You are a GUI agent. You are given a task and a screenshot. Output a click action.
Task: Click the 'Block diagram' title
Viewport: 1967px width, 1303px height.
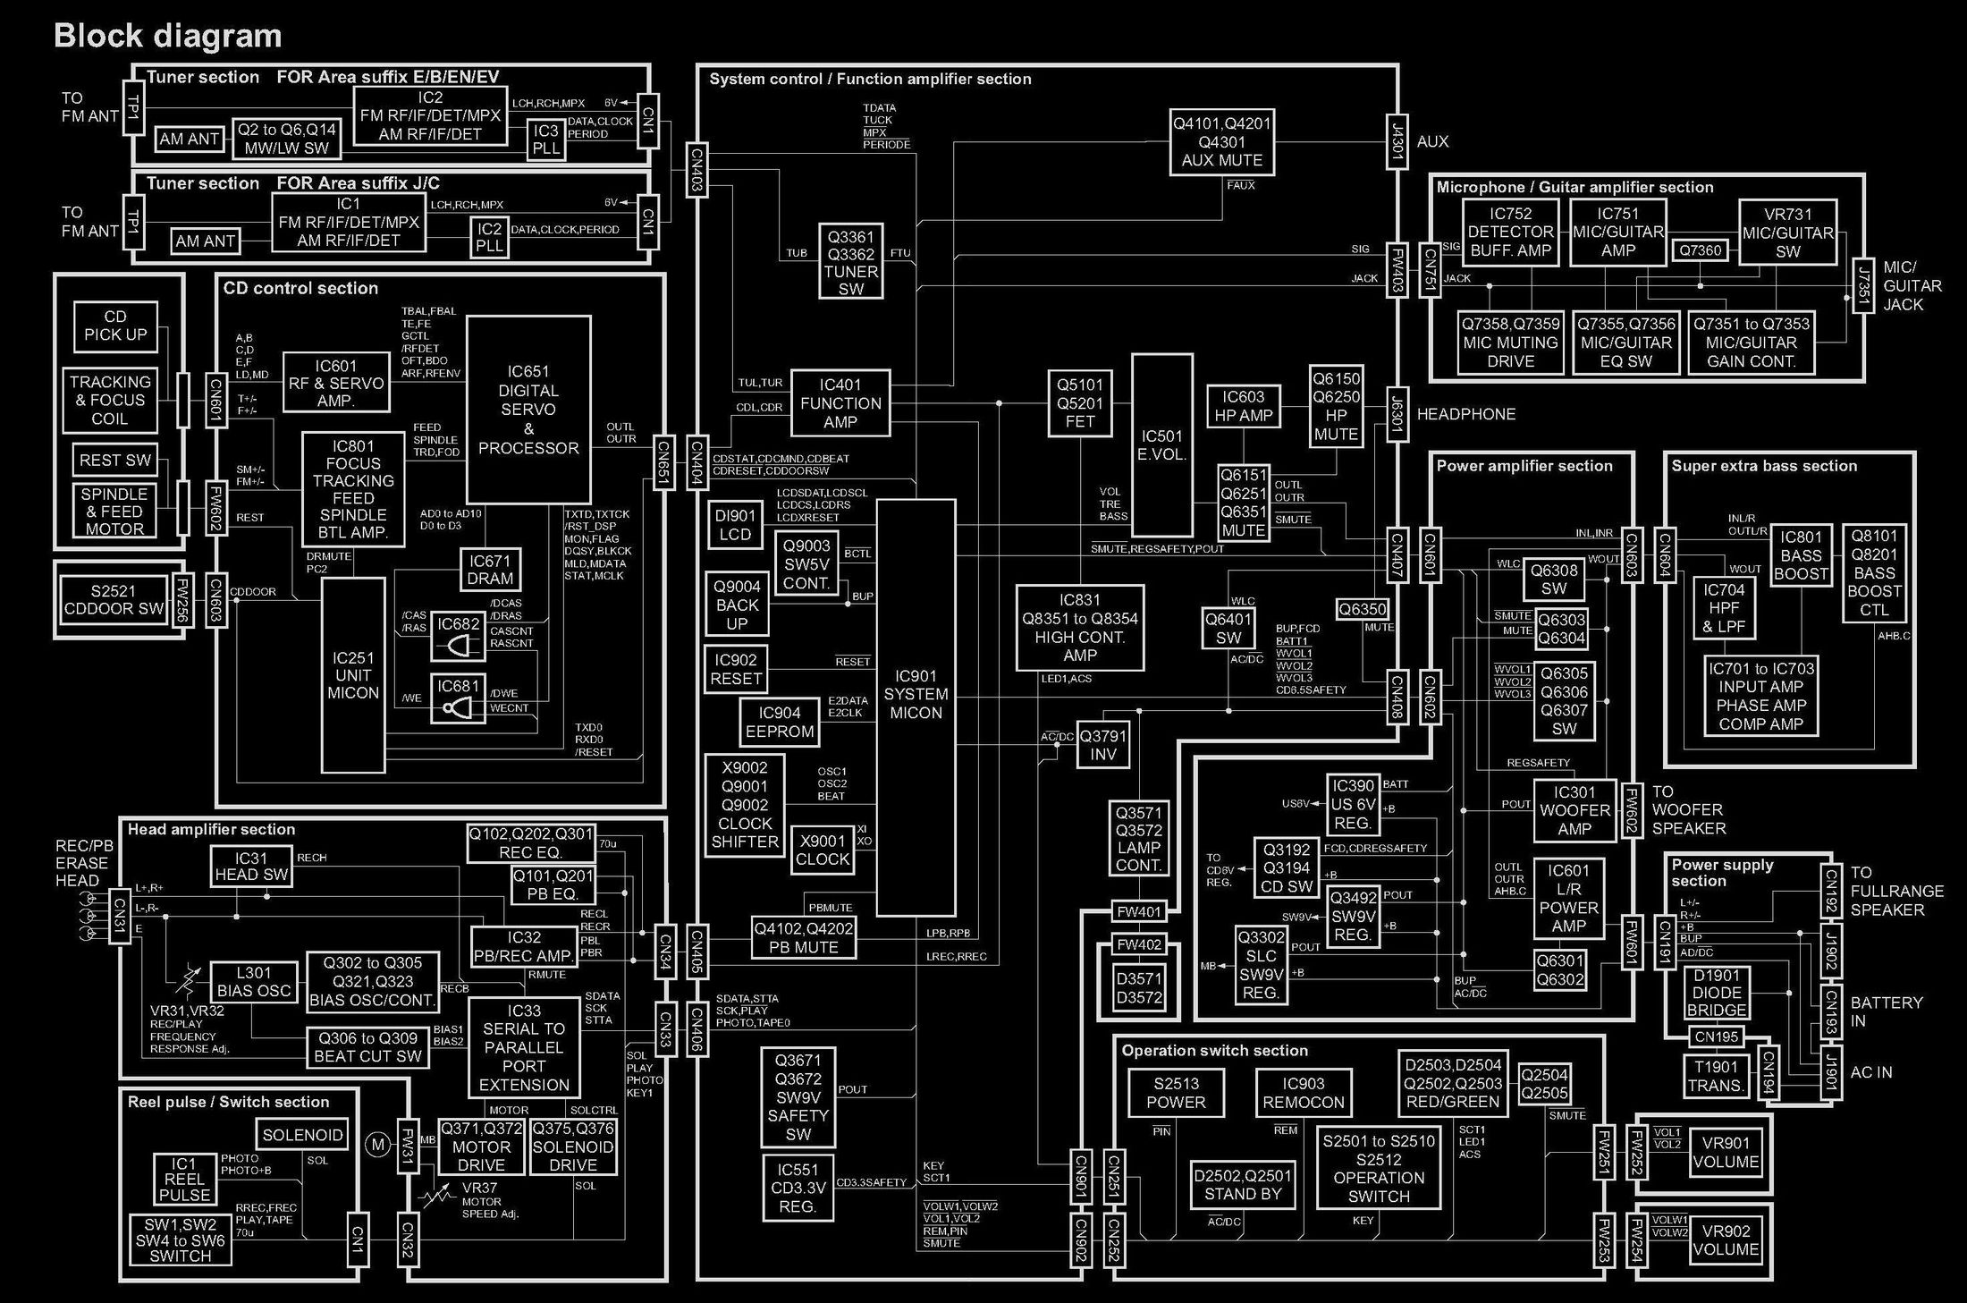tap(168, 36)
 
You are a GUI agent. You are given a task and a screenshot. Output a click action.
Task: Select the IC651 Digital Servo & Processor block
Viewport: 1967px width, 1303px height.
tap(528, 410)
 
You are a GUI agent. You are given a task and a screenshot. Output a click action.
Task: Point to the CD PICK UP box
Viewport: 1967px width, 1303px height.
tap(115, 326)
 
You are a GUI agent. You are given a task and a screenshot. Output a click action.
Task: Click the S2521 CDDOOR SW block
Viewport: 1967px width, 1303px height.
tap(114, 599)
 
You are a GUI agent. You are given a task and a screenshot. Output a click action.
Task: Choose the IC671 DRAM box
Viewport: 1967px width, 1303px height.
tap(490, 570)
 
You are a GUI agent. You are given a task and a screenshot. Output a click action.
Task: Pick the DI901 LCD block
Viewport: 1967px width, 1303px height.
tap(735, 525)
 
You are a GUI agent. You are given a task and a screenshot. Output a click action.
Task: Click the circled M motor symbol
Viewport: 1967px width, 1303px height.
tap(377, 1144)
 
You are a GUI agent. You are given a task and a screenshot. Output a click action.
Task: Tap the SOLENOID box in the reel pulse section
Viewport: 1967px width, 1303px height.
tap(302, 1135)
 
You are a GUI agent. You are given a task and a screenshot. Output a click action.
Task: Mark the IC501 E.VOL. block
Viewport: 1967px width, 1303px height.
tap(1161, 444)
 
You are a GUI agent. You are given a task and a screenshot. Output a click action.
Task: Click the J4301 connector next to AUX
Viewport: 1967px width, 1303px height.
tap(1397, 141)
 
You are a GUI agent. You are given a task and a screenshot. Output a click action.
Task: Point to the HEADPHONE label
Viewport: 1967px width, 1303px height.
tap(1466, 414)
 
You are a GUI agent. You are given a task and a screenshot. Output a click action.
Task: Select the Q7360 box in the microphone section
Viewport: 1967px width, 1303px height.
tap(1700, 250)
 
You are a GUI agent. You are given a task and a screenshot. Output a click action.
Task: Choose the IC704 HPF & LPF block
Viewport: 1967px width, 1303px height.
tap(1724, 608)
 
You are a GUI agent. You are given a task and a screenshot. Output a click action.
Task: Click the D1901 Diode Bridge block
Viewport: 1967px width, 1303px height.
tap(1717, 992)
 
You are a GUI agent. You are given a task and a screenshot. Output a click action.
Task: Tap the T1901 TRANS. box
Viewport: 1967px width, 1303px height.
tap(1716, 1077)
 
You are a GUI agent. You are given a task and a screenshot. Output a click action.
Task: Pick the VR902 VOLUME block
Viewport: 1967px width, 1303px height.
tap(1726, 1240)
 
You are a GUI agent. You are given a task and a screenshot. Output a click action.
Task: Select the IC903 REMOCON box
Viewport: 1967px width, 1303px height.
tap(1304, 1093)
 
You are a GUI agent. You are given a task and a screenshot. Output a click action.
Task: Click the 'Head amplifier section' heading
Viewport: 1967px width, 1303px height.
tap(211, 829)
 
